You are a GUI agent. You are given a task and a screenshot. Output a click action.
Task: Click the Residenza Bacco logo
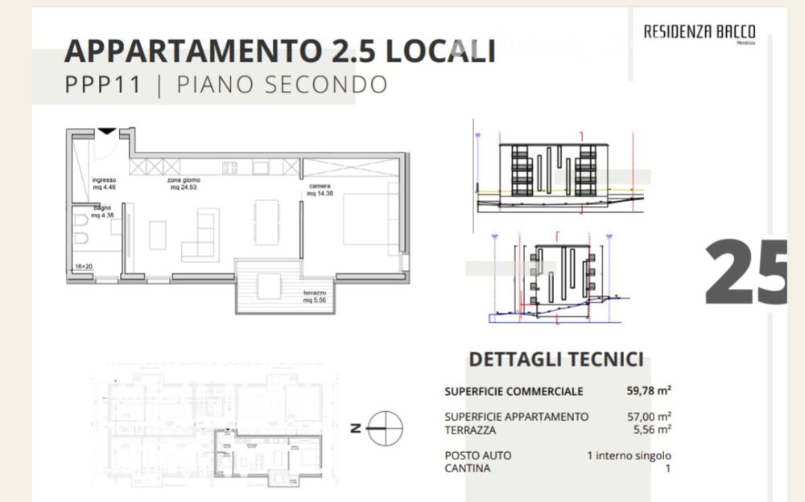click(699, 33)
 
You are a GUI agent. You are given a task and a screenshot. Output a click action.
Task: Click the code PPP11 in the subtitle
click(102, 84)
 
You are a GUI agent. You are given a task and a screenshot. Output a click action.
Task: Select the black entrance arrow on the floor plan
click(106, 130)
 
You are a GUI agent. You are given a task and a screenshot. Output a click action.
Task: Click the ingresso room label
click(105, 183)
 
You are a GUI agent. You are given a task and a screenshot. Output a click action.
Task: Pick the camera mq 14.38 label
click(319, 190)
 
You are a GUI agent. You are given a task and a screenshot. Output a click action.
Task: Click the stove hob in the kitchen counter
click(229, 167)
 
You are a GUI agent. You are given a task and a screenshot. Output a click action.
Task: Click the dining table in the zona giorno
click(266, 221)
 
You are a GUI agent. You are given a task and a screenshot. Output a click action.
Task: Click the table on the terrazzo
click(269, 286)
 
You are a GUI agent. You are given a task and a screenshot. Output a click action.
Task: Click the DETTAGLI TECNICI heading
click(555, 360)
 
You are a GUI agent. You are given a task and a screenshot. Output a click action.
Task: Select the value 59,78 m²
click(649, 392)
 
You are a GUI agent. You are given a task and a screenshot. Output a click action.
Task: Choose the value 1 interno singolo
click(629, 455)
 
